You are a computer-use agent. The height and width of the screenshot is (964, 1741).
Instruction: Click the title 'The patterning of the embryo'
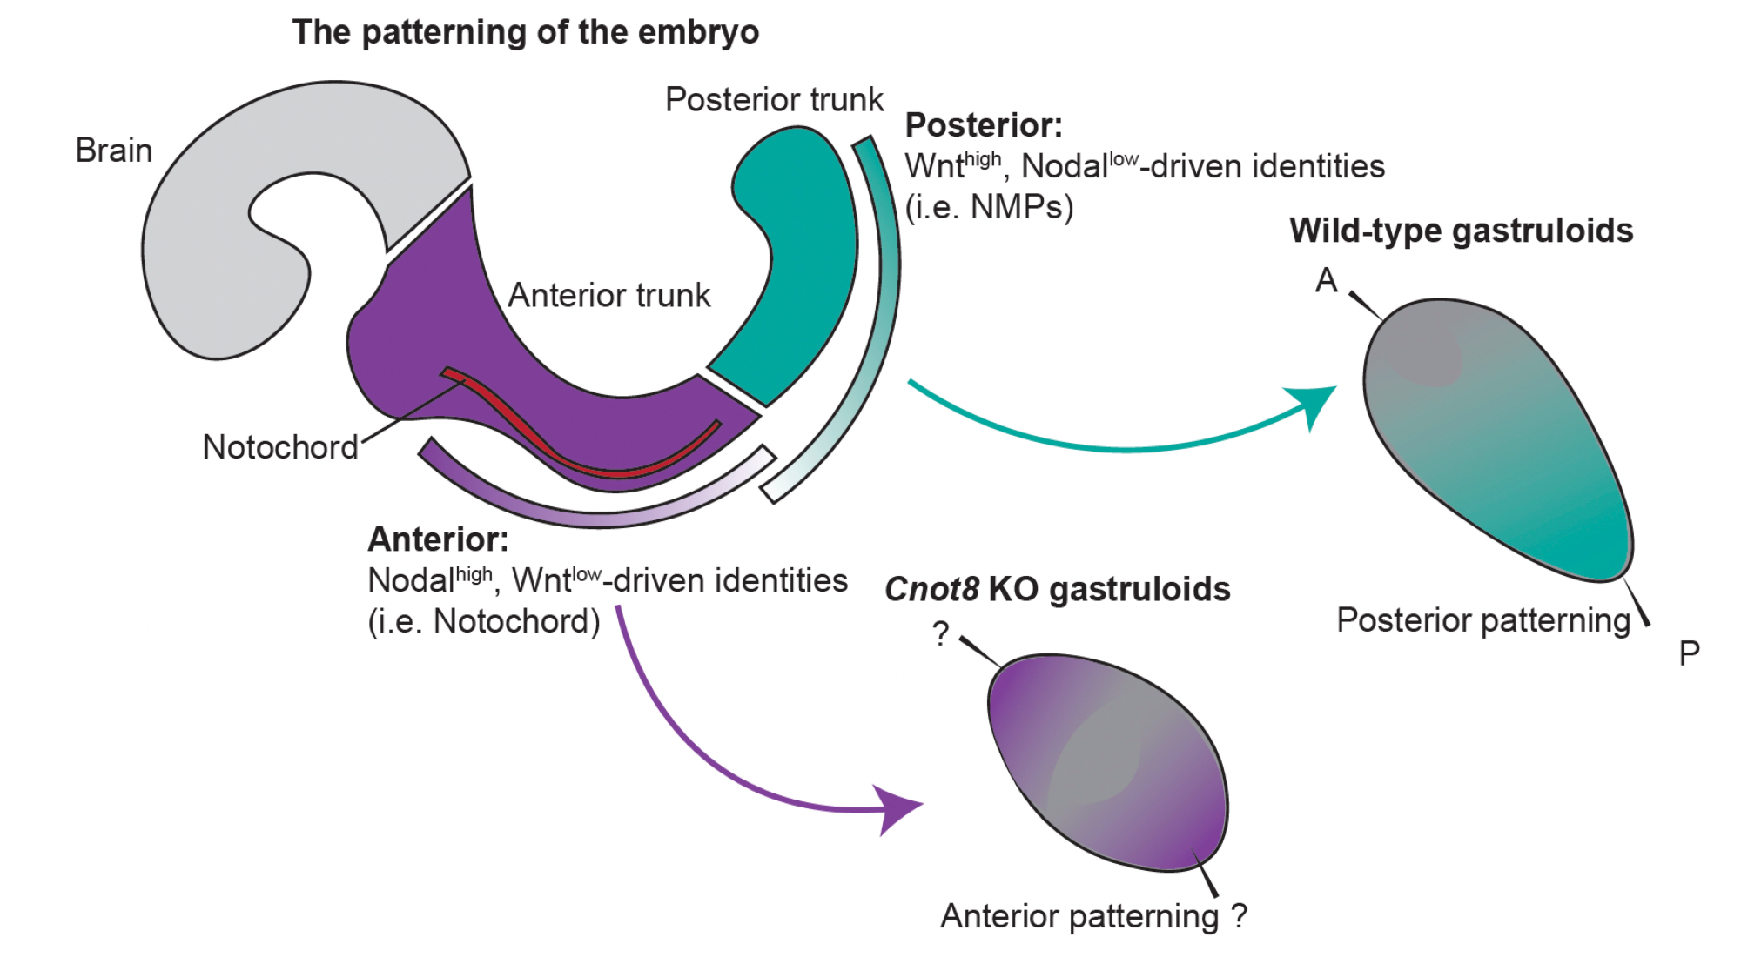click(x=525, y=32)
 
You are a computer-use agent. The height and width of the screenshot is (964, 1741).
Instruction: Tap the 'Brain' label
click(x=113, y=151)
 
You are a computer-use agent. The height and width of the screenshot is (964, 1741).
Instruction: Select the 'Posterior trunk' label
click(x=773, y=100)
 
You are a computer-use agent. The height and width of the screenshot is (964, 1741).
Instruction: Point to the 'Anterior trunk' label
click(x=608, y=296)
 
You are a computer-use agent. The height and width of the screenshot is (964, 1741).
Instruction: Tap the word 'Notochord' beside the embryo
click(x=280, y=447)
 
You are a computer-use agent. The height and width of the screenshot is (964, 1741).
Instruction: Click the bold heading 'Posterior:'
click(x=984, y=125)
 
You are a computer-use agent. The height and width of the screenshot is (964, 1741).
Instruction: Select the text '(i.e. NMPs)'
click(x=989, y=207)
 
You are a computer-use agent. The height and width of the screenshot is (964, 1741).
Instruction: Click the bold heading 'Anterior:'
click(x=438, y=539)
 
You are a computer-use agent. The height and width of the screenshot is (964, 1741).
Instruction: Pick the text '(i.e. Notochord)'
click(x=484, y=621)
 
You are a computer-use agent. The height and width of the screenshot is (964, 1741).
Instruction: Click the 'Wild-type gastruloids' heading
click(x=1461, y=231)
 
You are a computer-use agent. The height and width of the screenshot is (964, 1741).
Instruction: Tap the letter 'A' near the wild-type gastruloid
click(x=1326, y=280)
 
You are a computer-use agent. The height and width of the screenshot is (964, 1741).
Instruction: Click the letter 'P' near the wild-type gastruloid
click(x=1689, y=653)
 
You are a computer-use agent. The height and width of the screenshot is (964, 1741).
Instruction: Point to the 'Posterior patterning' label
click(x=1483, y=620)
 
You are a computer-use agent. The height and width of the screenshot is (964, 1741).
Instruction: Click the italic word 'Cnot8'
click(x=931, y=590)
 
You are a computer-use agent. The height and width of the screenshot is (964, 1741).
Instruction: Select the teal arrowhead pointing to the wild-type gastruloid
click(x=1316, y=404)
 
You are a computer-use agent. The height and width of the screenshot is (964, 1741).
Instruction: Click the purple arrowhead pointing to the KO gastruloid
click(x=897, y=808)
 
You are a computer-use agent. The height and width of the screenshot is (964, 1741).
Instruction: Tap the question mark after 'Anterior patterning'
click(x=1239, y=915)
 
